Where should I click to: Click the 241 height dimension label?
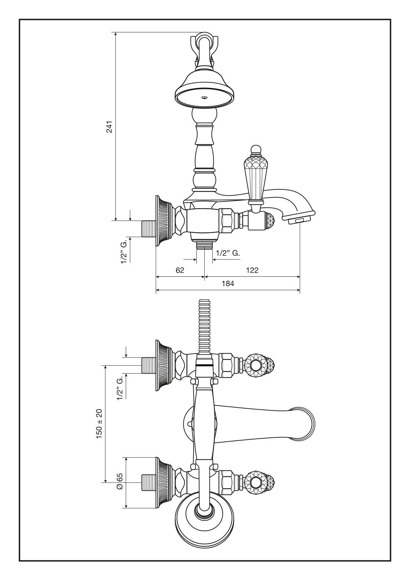[110, 127]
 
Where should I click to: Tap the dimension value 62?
[180, 270]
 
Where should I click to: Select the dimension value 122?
[252, 270]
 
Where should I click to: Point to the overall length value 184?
[228, 284]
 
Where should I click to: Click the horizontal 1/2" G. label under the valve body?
[227, 253]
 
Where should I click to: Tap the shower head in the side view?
[205, 90]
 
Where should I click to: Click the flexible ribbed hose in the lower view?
[204, 326]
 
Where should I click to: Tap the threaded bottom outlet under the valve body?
[205, 245]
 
